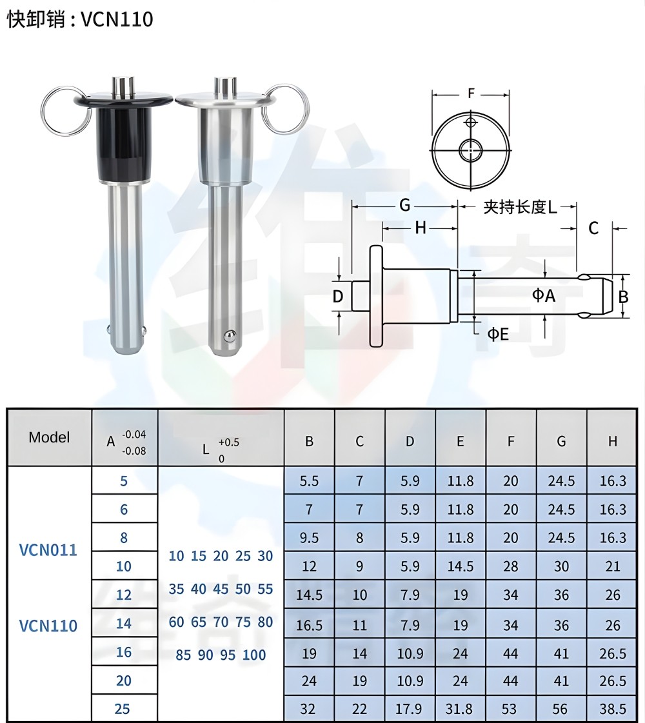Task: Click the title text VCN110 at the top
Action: pos(117,19)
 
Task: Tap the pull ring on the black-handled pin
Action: pos(64,112)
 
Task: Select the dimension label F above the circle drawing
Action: pos(471,94)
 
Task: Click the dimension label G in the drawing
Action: pos(404,205)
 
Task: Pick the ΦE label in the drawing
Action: pos(497,334)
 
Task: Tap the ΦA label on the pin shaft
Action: pos(543,295)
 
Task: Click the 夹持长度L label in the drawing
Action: pos(520,207)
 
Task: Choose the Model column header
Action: pos(49,437)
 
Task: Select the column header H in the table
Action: pos(612,442)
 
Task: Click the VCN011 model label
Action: pos(48,550)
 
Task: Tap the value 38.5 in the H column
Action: pos(612,709)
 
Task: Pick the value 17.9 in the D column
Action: pos(410,709)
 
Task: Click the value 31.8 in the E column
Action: pos(460,709)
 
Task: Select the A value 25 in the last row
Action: pos(122,709)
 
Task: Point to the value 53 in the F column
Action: pos(510,709)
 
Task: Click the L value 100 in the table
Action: pos(254,655)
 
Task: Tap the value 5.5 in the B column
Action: pos(309,481)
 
